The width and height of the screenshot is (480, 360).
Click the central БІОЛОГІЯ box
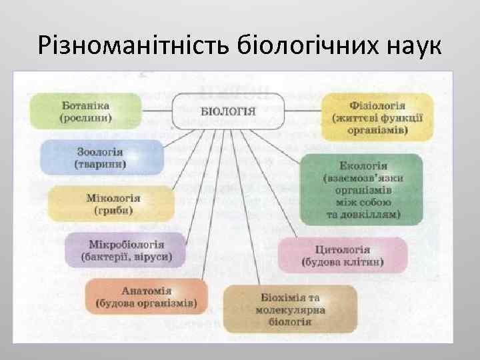(x=228, y=110)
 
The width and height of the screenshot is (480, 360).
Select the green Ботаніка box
(x=86, y=111)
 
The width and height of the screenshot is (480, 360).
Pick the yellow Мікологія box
(x=112, y=204)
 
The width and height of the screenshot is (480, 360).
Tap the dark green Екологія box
(x=360, y=189)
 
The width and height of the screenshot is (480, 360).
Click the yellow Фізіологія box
(x=378, y=117)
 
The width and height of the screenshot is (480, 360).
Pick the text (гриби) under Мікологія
(x=113, y=211)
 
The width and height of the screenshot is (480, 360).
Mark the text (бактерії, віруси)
(x=126, y=257)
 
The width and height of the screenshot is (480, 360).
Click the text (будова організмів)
(x=147, y=303)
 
